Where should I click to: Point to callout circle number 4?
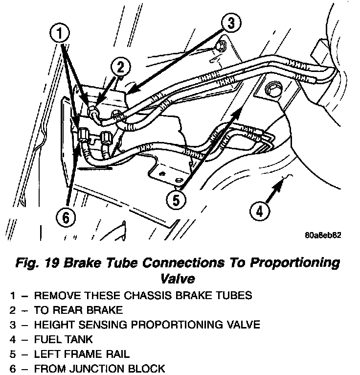pos(260,211)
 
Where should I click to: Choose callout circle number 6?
pos(66,217)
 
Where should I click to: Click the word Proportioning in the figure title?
pos(295,262)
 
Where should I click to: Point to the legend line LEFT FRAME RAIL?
pos(82,353)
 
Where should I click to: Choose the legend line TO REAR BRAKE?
pos(78,309)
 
